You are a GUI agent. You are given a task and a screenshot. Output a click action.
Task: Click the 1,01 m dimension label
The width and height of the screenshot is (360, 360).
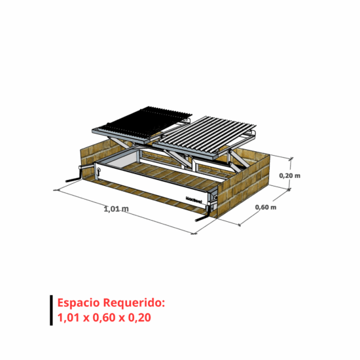(116, 209)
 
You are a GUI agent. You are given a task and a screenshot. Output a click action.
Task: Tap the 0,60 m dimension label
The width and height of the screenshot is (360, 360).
(266, 207)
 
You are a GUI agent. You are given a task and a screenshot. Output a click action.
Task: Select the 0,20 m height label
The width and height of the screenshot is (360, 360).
(289, 175)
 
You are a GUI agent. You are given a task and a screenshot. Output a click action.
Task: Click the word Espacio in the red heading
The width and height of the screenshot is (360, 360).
(79, 303)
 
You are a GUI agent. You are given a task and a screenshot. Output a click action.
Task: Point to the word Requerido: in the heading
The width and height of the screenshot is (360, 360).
(134, 303)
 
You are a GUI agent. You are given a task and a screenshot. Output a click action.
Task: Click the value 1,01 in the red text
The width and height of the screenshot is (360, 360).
(69, 317)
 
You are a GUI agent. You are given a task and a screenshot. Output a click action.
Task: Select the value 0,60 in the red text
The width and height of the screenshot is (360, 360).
(104, 317)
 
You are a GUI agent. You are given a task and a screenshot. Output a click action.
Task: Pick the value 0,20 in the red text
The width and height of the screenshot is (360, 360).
(139, 317)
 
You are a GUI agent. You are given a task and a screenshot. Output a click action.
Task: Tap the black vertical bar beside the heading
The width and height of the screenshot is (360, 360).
(51, 310)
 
